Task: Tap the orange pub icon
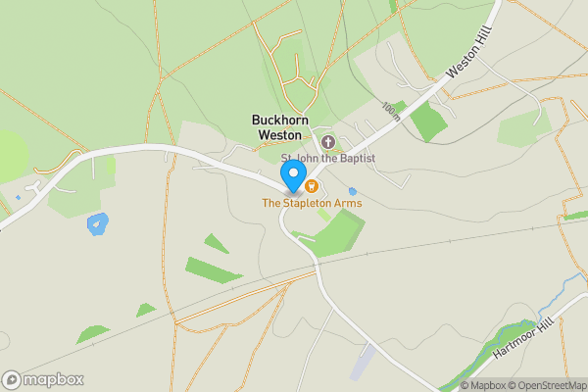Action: tap(311, 185)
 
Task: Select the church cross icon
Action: tap(327, 142)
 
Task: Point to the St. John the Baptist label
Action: tap(328, 158)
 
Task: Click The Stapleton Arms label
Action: tap(311, 203)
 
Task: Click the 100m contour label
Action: tap(393, 111)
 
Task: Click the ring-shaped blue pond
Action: tap(98, 224)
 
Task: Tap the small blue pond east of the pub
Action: tap(353, 191)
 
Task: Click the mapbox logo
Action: tap(42, 379)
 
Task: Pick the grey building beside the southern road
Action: tap(362, 362)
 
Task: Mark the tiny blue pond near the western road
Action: tap(18, 198)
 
